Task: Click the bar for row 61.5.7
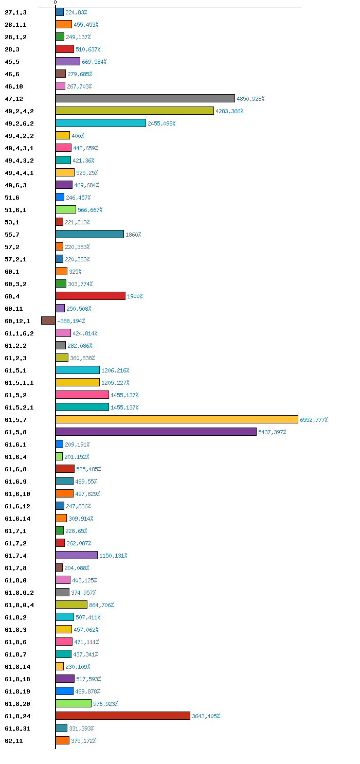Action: click(x=177, y=419)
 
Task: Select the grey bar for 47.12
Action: click(x=145, y=98)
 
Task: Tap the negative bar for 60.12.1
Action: click(x=48, y=321)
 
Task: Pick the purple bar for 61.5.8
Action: click(x=156, y=432)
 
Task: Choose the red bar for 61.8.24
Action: click(x=123, y=716)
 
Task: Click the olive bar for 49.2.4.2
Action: click(x=135, y=111)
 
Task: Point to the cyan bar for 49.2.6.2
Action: click(x=101, y=123)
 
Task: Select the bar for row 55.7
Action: click(x=89, y=234)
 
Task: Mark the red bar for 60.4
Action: click(x=91, y=296)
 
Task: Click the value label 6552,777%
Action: click(x=314, y=420)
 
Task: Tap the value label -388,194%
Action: click(x=71, y=321)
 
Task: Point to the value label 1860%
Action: click(x=133, y=235)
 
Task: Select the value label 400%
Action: click(x=78, y=136)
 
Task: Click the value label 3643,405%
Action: click(x=206, y=716)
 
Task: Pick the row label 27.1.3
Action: click(x=15, y=12)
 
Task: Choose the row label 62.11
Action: click(x=14, y=741)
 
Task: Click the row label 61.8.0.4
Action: click(x=20, y=605)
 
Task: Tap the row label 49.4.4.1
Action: click(x=20, y=173)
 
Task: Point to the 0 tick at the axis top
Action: click(x=55, y=3)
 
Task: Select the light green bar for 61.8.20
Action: click(x=74, y=703)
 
